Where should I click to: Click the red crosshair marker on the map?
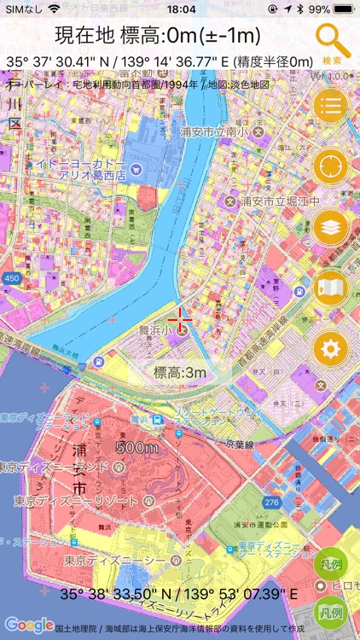(x=181, y=320)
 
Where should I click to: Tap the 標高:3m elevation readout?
(x=180, y=372)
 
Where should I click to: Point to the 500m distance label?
(x=137, y=447)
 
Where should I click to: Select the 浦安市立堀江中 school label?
(x=280, y=201)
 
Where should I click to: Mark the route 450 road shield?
(x=11, y=279)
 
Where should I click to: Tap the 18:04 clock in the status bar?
(x=180, y=9)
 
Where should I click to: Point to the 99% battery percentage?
(x=320, y=9)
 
